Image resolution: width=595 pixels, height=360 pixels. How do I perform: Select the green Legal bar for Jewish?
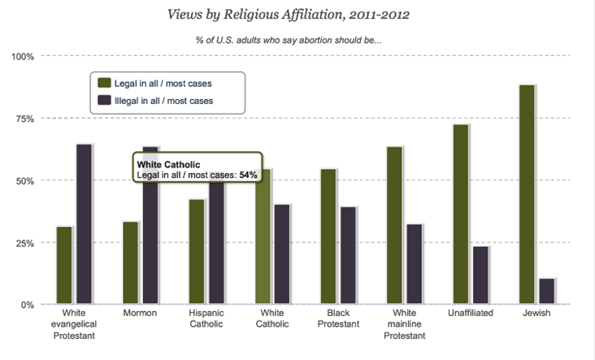[x=526, y=195]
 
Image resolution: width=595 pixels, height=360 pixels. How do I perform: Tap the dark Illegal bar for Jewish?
[x=546, y=291]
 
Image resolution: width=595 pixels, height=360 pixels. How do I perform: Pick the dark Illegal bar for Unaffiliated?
[x=480, y=275]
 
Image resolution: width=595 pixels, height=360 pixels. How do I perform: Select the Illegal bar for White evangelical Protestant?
[x=84, y=224]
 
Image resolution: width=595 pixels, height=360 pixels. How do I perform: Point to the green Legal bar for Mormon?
[x=130, y=262]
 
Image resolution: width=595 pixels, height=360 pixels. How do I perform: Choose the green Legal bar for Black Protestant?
[x=328, y=236]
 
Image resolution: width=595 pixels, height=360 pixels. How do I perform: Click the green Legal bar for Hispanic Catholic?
[x=196, y=252]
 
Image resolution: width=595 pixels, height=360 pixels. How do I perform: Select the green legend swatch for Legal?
[x=104, y=83]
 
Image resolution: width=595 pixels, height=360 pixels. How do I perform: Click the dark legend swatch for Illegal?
[x=104, y=102]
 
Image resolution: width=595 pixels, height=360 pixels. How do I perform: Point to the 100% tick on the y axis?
[x=21, y=56]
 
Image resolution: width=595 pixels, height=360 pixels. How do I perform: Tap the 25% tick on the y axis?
[x=23, y=243]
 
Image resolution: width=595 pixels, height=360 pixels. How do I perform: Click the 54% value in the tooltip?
[x=248, y=175]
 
